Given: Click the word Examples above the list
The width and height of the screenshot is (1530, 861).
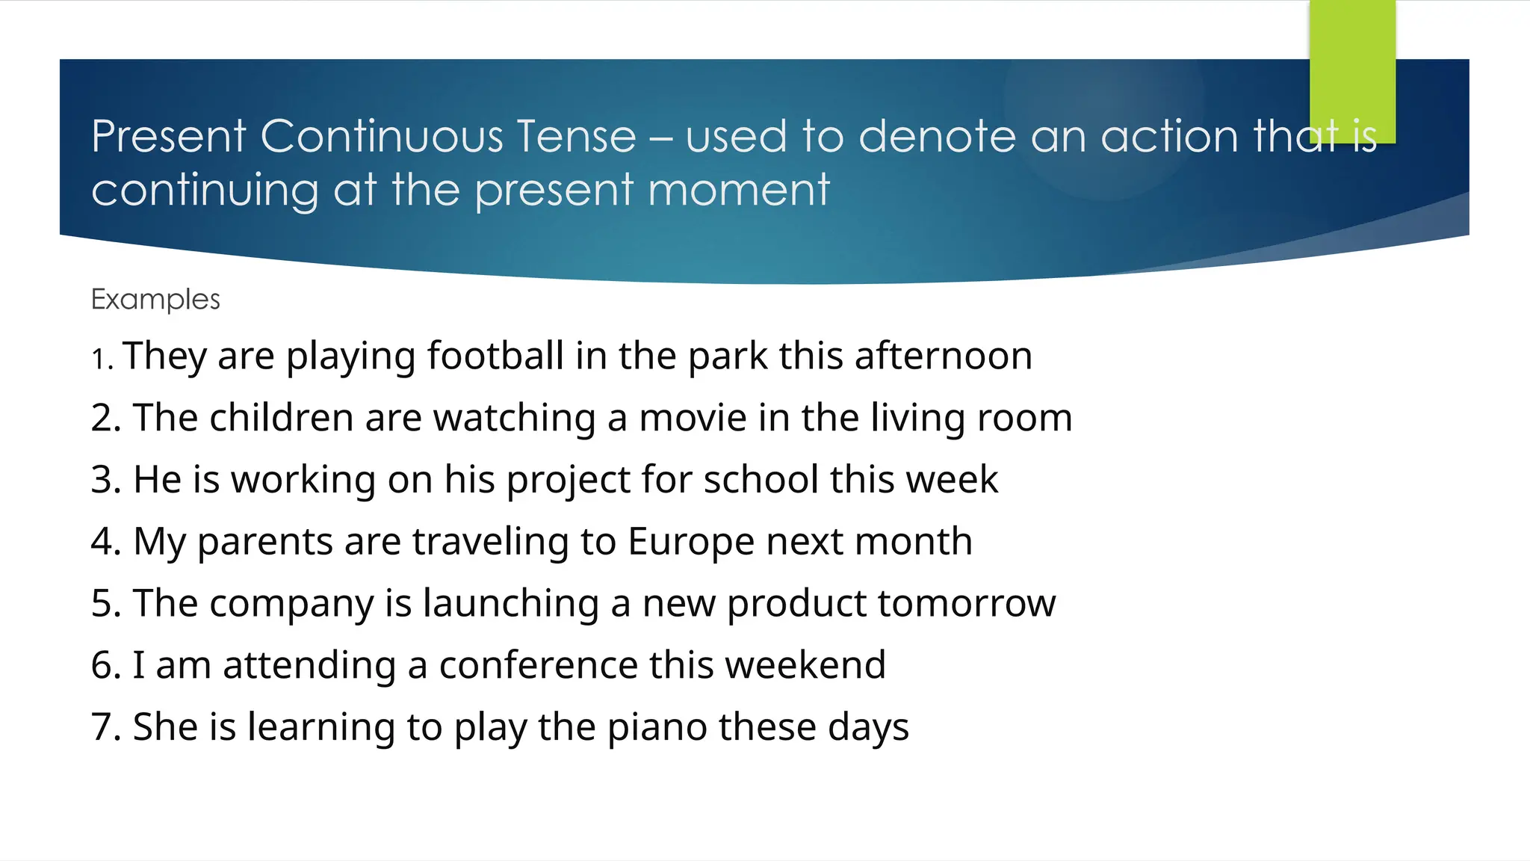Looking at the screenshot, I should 155,299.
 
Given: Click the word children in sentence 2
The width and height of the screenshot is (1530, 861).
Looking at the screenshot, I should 282,418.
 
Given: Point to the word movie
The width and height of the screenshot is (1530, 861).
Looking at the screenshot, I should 693,418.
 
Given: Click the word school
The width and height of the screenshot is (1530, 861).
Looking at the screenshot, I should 761,480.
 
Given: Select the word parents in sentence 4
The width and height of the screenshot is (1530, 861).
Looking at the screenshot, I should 264,542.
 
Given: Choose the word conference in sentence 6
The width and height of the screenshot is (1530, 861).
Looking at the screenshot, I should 537,665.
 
